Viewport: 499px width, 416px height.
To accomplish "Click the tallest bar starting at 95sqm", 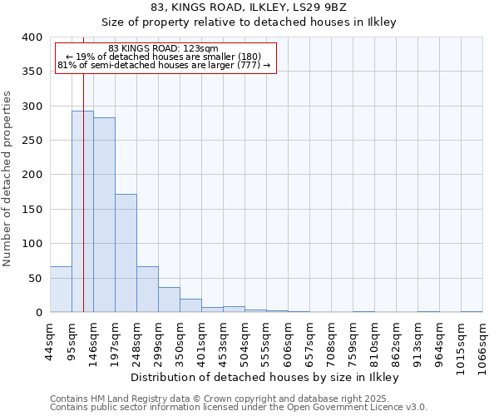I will click(x=82, y=211).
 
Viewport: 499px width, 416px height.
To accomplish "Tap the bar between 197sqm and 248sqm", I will click(x=126, y=253).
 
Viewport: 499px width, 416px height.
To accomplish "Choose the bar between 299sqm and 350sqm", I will click(x=169, y=300).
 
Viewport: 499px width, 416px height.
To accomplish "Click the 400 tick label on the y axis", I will click(x=32, y=37).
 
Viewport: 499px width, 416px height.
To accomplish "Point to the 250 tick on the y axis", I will click(x=32, y=141).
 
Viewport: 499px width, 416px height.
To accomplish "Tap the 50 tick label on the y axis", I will click(x=35, y=278).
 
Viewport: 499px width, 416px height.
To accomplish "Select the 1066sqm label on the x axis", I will click(x=483, y=344).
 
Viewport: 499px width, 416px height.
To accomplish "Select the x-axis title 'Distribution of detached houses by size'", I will click(x=265, y=377).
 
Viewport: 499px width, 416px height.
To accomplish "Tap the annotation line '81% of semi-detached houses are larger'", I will click(x=164, y=65).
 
